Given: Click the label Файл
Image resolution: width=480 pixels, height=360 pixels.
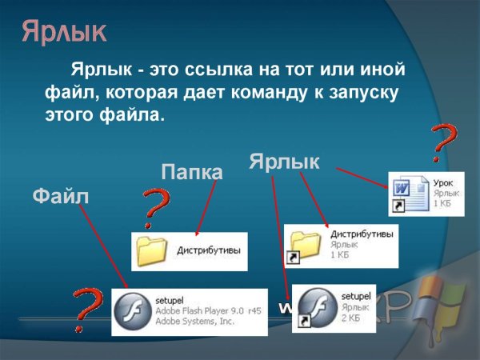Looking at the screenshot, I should (x=60, y=197).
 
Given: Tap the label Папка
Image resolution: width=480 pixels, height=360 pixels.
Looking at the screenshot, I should (x=192, y=172).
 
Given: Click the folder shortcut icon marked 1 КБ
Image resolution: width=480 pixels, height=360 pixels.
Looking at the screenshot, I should (x=304, y=246).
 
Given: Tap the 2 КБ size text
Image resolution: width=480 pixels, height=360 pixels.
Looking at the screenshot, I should (x=351, y=317).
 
